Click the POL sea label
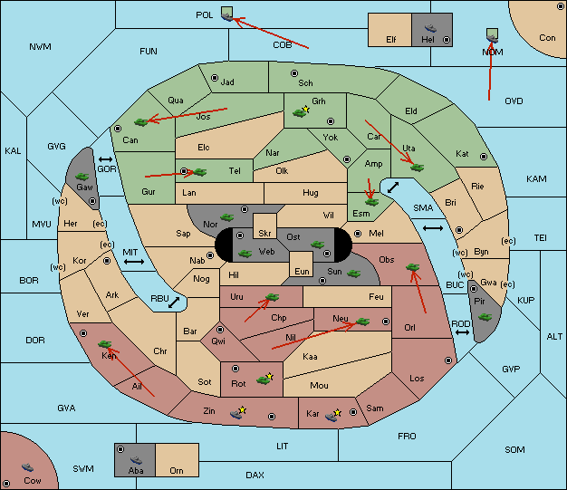(x=205, y=15)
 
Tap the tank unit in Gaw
(x=82, y=177)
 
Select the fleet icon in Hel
(x=430, y=28)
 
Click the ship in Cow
(x=27, y=467)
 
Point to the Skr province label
(x=264, y=234)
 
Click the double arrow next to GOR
(x=105, y=159)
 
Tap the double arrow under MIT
(x=134, y=262)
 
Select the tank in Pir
(x=485, y=317)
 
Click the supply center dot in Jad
(x=215, y=78)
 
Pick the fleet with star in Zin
(x=238, y=413)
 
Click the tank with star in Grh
(x=301, y=111)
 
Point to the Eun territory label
(x=302, y=271)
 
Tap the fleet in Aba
(x=136, y=459)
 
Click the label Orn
(x=177, y=470)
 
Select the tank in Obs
(x=413, y=267)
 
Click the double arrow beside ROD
(x=462, y=332)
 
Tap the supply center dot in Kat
(x=484, y=157)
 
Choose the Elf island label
(x=391, y=40)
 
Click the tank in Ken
(x=105, y=344)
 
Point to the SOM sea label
(x=514, y=449)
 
